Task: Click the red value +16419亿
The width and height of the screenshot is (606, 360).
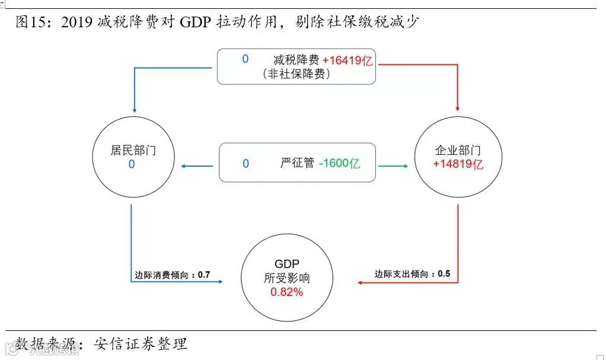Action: [347, 60]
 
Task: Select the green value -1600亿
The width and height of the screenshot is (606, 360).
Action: [339, 163]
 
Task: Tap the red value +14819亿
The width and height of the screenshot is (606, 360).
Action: [458, 164]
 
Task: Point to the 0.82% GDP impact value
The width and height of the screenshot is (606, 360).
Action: [286, 292]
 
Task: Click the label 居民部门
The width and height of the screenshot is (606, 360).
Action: [133, 149]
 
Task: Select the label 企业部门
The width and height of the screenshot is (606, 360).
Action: [458, 151]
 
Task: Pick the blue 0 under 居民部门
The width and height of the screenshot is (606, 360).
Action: [132, 164]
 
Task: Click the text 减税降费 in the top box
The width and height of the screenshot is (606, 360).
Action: [296, 60]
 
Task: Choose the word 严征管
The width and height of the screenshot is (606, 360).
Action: [297, 163]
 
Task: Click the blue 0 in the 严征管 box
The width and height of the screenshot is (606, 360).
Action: [245, 163]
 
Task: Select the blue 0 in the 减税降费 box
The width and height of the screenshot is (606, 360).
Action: [245, 59]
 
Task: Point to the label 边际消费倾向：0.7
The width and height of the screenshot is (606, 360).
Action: [172, 275]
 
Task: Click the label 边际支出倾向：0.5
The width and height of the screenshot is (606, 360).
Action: [412, 274]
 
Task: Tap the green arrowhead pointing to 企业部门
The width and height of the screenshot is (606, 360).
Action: [405, 166]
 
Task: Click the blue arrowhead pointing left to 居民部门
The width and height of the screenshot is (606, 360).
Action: [183, 166]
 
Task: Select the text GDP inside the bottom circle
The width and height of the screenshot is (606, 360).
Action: [286, 264]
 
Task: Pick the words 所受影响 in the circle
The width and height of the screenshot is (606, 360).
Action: [286, 278]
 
